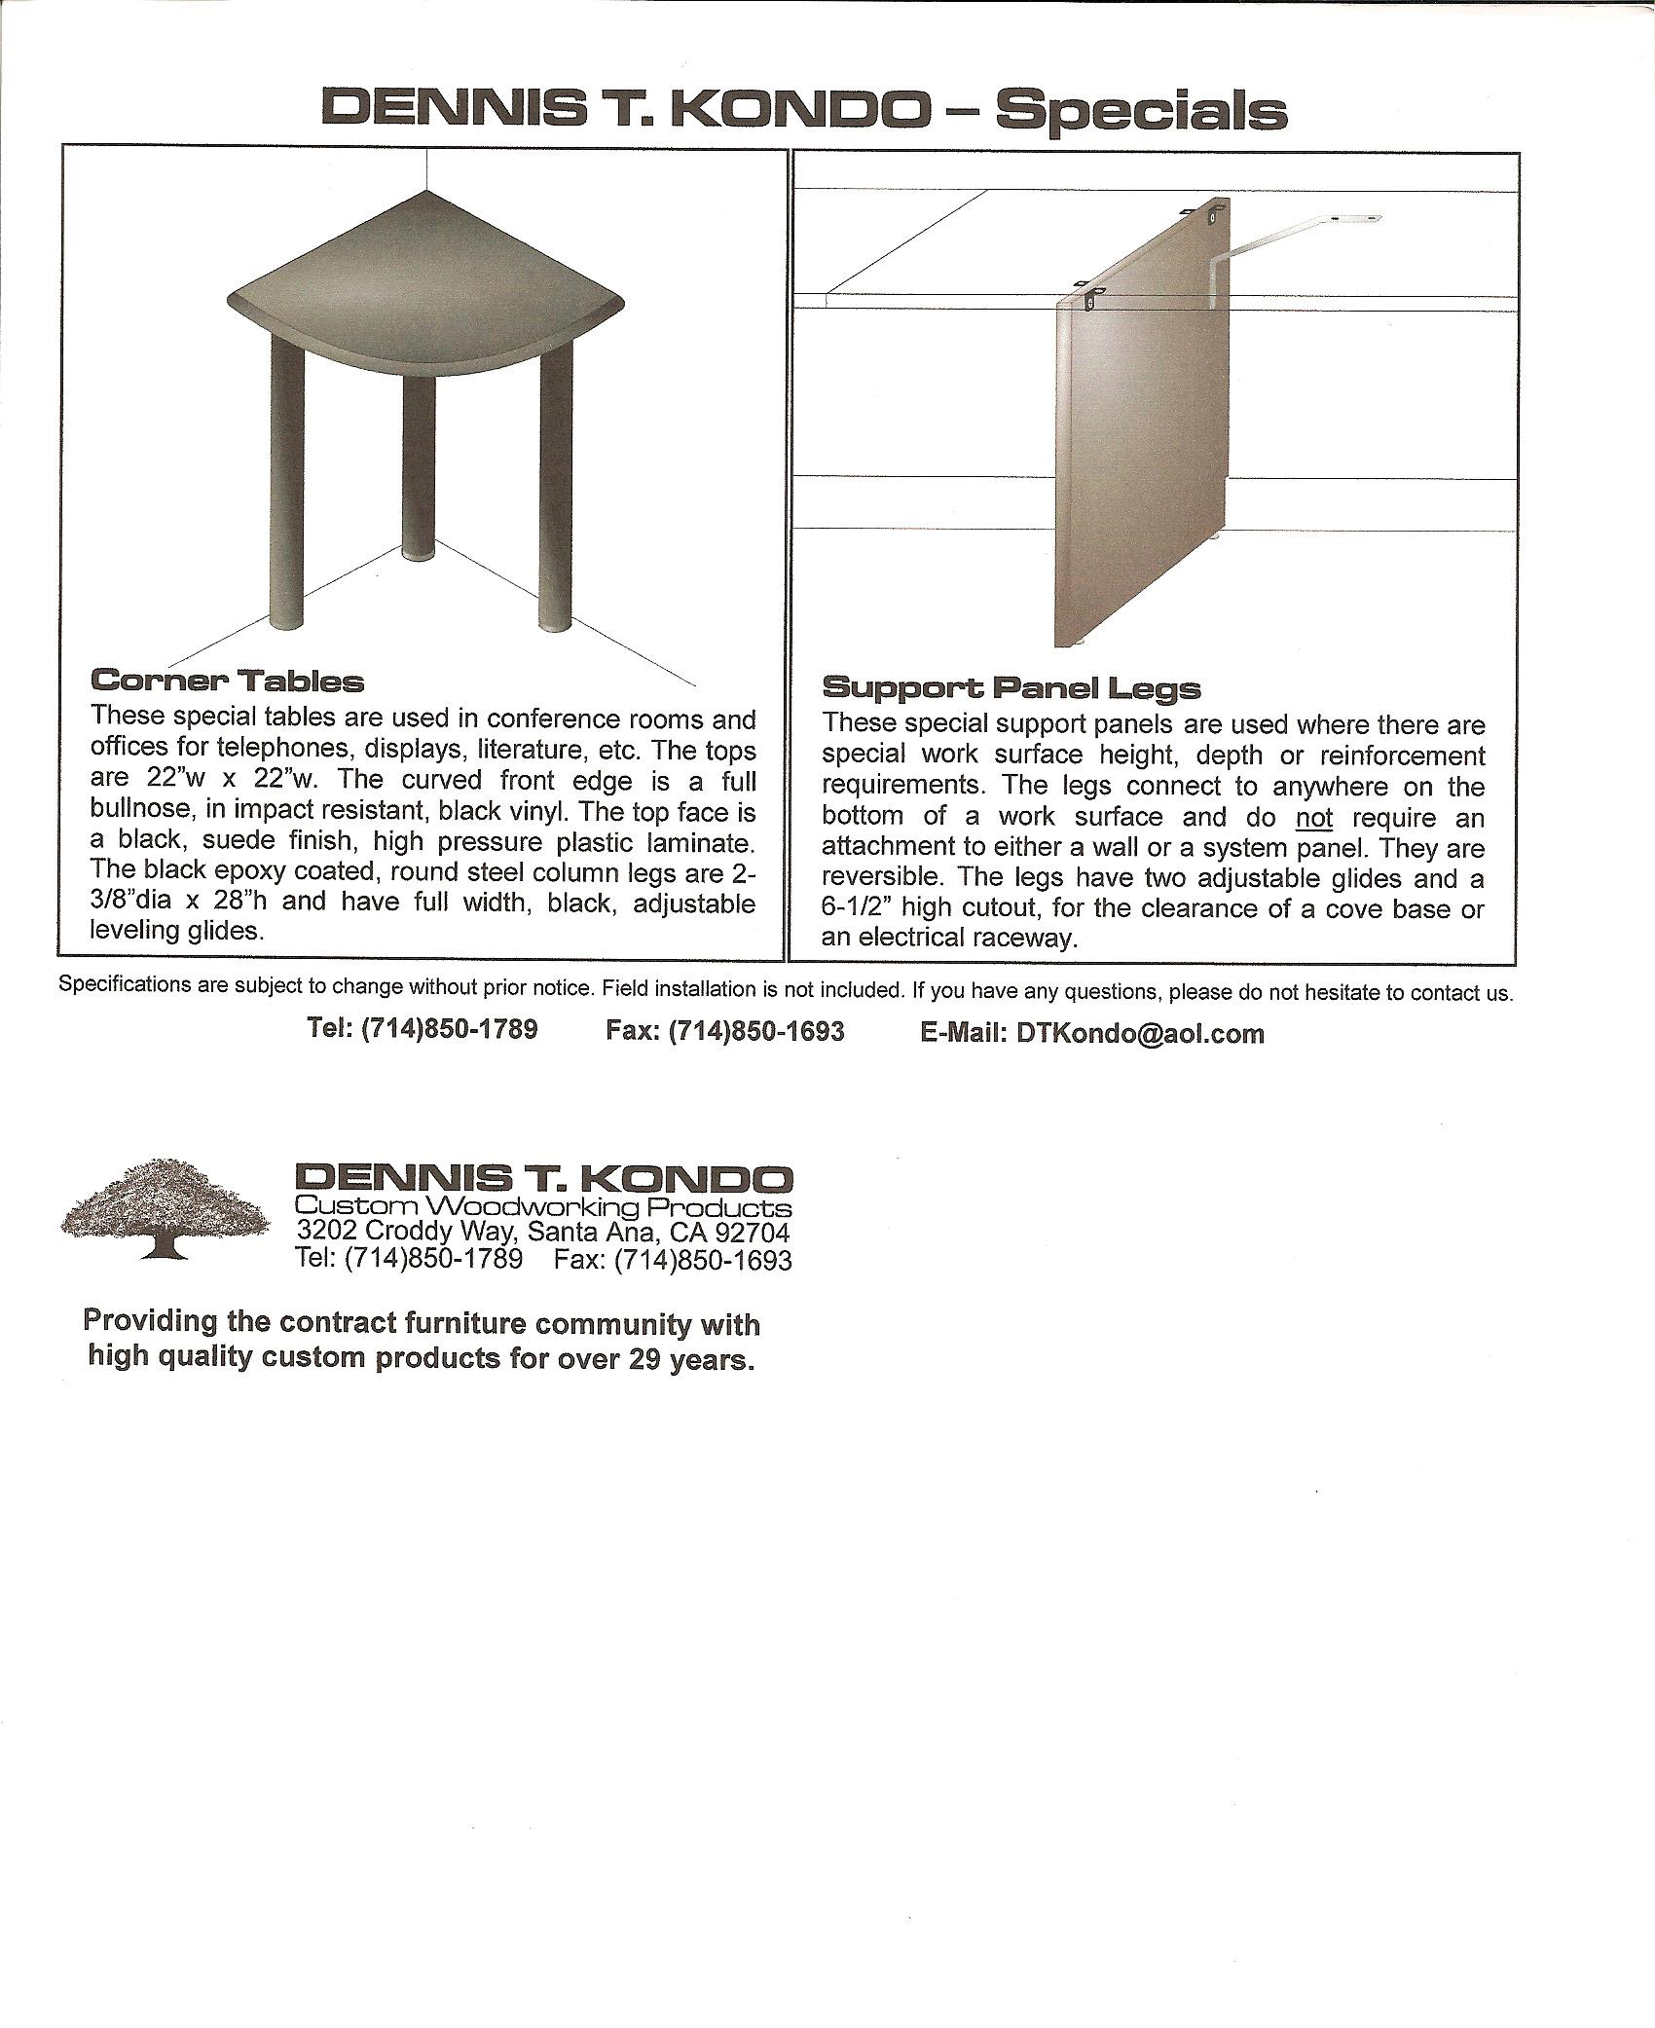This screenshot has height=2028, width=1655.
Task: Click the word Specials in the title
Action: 1140,110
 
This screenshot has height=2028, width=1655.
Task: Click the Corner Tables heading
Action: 227,681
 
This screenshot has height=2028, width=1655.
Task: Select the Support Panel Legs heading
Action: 1011,688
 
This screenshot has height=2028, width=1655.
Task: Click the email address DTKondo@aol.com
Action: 1140,1034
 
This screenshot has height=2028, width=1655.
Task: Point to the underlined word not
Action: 1314,817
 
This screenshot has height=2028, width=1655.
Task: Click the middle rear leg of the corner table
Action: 419,467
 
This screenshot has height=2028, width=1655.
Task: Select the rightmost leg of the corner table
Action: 556,487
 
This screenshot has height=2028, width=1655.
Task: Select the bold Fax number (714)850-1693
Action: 755,1031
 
